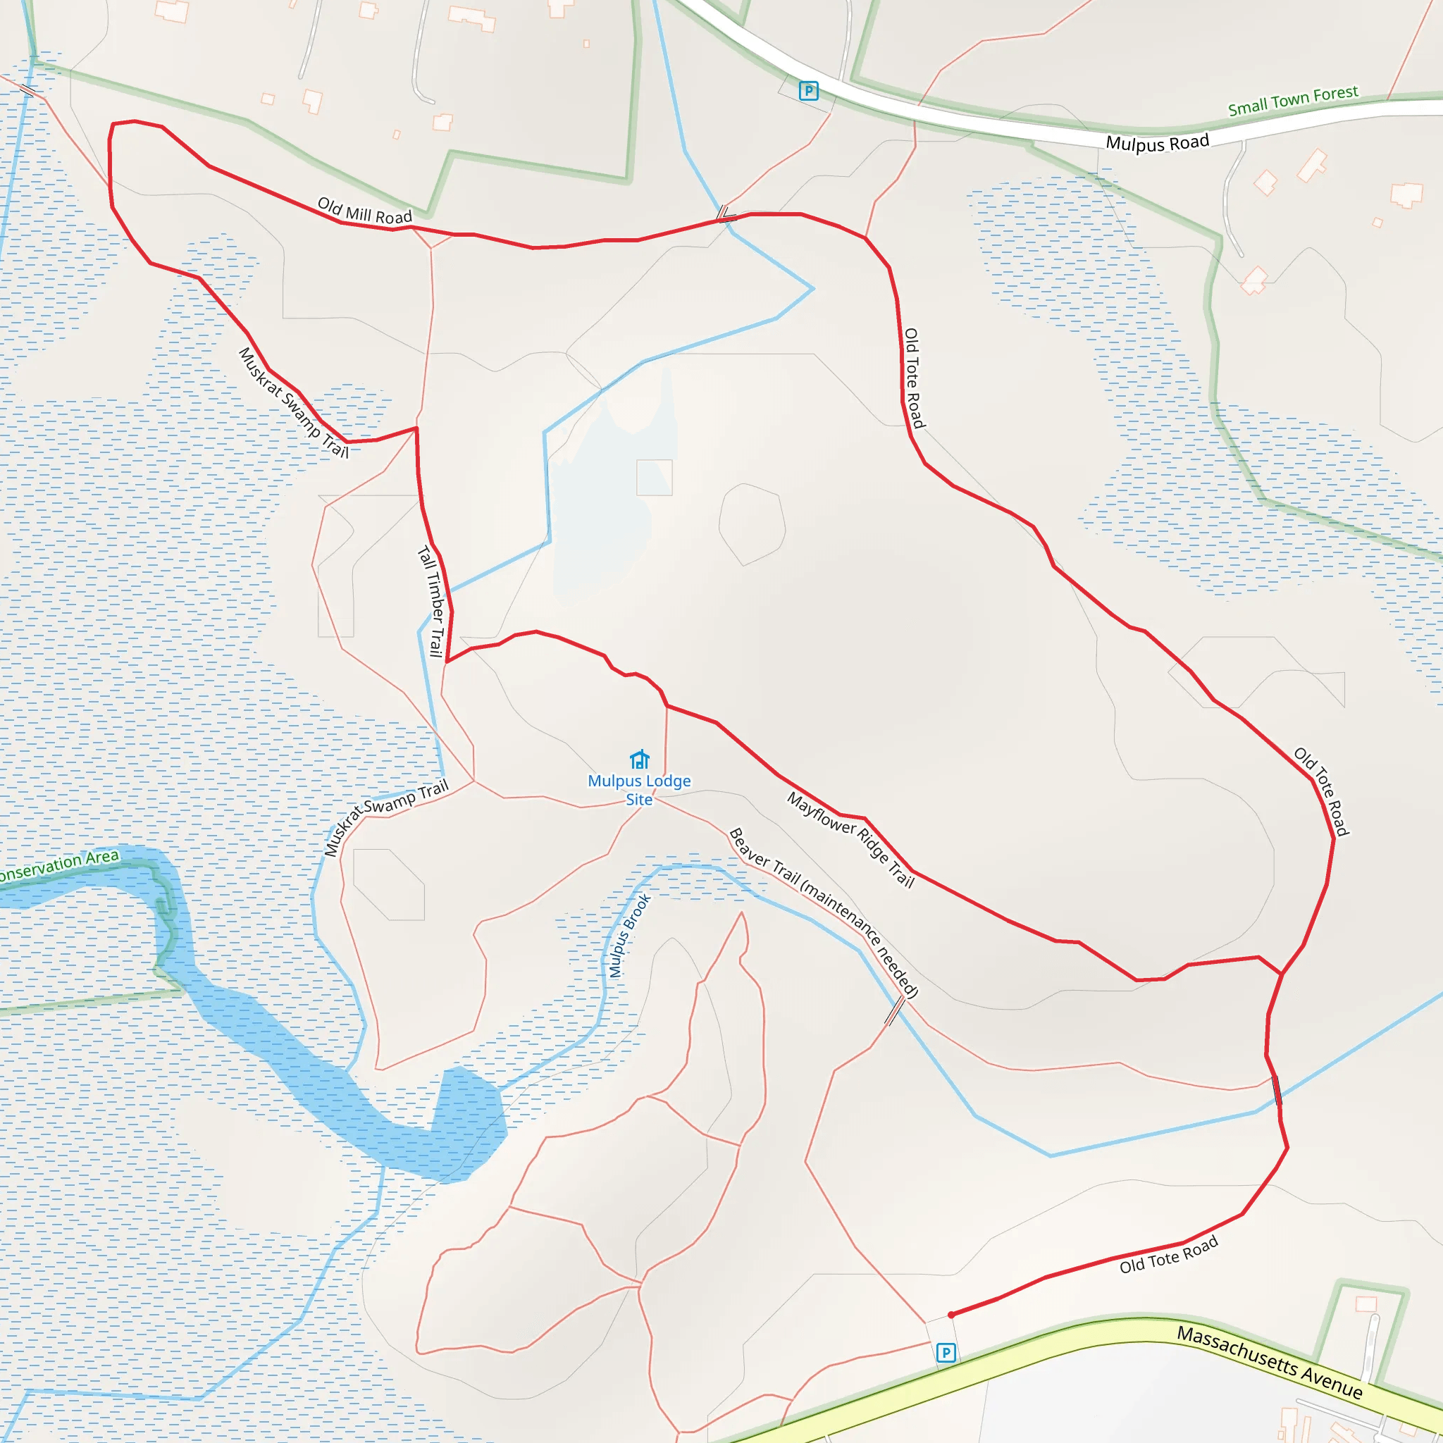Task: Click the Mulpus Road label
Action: (1157, 142)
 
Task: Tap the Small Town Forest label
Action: (1293, 101)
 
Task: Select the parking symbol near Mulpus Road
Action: (808, 91)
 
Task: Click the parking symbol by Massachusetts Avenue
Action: (946, 1353)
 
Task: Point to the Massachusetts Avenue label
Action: (1270, 1361)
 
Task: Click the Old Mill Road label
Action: (364, 211)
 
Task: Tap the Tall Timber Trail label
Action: (431, 601)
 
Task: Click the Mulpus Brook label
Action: (630, 936)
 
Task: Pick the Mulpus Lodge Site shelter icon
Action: (639, 760)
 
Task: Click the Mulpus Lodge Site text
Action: (639, 789)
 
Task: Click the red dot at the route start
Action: (950, 1315)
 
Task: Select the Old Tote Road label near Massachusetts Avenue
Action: (1168, 1254)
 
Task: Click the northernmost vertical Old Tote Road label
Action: (913, 378)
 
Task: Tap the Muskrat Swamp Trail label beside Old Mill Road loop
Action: (294, 402)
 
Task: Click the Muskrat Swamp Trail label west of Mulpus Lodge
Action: (386, 817)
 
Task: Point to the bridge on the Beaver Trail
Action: (894, 1011)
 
